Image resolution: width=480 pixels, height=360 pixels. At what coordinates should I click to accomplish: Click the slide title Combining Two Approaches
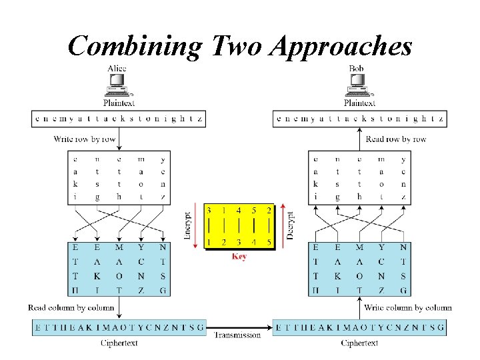240,46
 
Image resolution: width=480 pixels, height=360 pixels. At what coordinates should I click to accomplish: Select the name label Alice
117,69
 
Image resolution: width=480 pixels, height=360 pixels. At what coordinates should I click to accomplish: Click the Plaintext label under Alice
119,103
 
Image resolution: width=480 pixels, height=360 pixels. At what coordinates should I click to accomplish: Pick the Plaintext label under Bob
359,103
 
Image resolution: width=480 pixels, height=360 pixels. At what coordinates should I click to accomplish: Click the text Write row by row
85,139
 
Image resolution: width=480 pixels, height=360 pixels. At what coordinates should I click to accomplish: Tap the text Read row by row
396,139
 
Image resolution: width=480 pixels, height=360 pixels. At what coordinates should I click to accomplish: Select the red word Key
239,256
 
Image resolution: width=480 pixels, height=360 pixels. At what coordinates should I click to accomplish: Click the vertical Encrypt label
188,225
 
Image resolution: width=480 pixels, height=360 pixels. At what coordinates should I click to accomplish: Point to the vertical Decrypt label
290,225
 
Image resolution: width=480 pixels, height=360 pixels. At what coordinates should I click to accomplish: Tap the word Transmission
237,335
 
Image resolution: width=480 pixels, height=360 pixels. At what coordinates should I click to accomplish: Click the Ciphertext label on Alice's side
119,343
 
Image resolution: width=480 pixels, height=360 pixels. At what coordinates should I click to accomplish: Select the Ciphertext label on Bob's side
359,343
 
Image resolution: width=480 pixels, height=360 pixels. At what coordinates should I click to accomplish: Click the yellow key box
239,226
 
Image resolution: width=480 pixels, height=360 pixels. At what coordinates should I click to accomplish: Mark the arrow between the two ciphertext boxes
239,327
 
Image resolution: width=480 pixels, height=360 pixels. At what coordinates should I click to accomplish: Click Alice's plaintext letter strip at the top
119,119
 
